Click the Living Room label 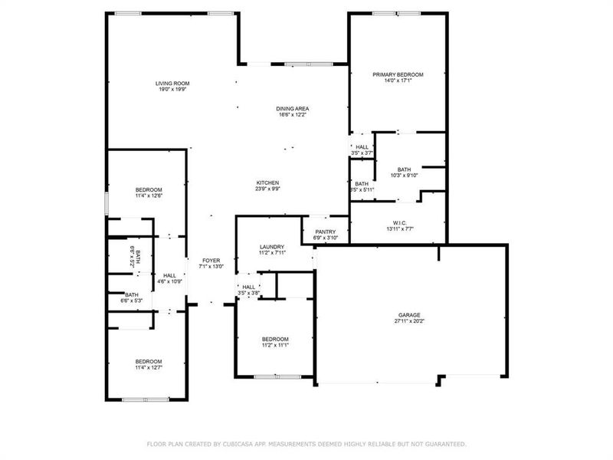click(172, 84)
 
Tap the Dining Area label click(292, 109)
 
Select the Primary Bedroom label click(398, 75)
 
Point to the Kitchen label click(267, 183)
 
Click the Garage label click(408, 315)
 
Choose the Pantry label click(326, 232)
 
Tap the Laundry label click(272, 247)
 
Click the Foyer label click(211, 261)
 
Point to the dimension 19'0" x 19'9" click(172, 90)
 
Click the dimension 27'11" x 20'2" click(408, 321)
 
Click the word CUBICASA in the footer click(241, 444)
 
